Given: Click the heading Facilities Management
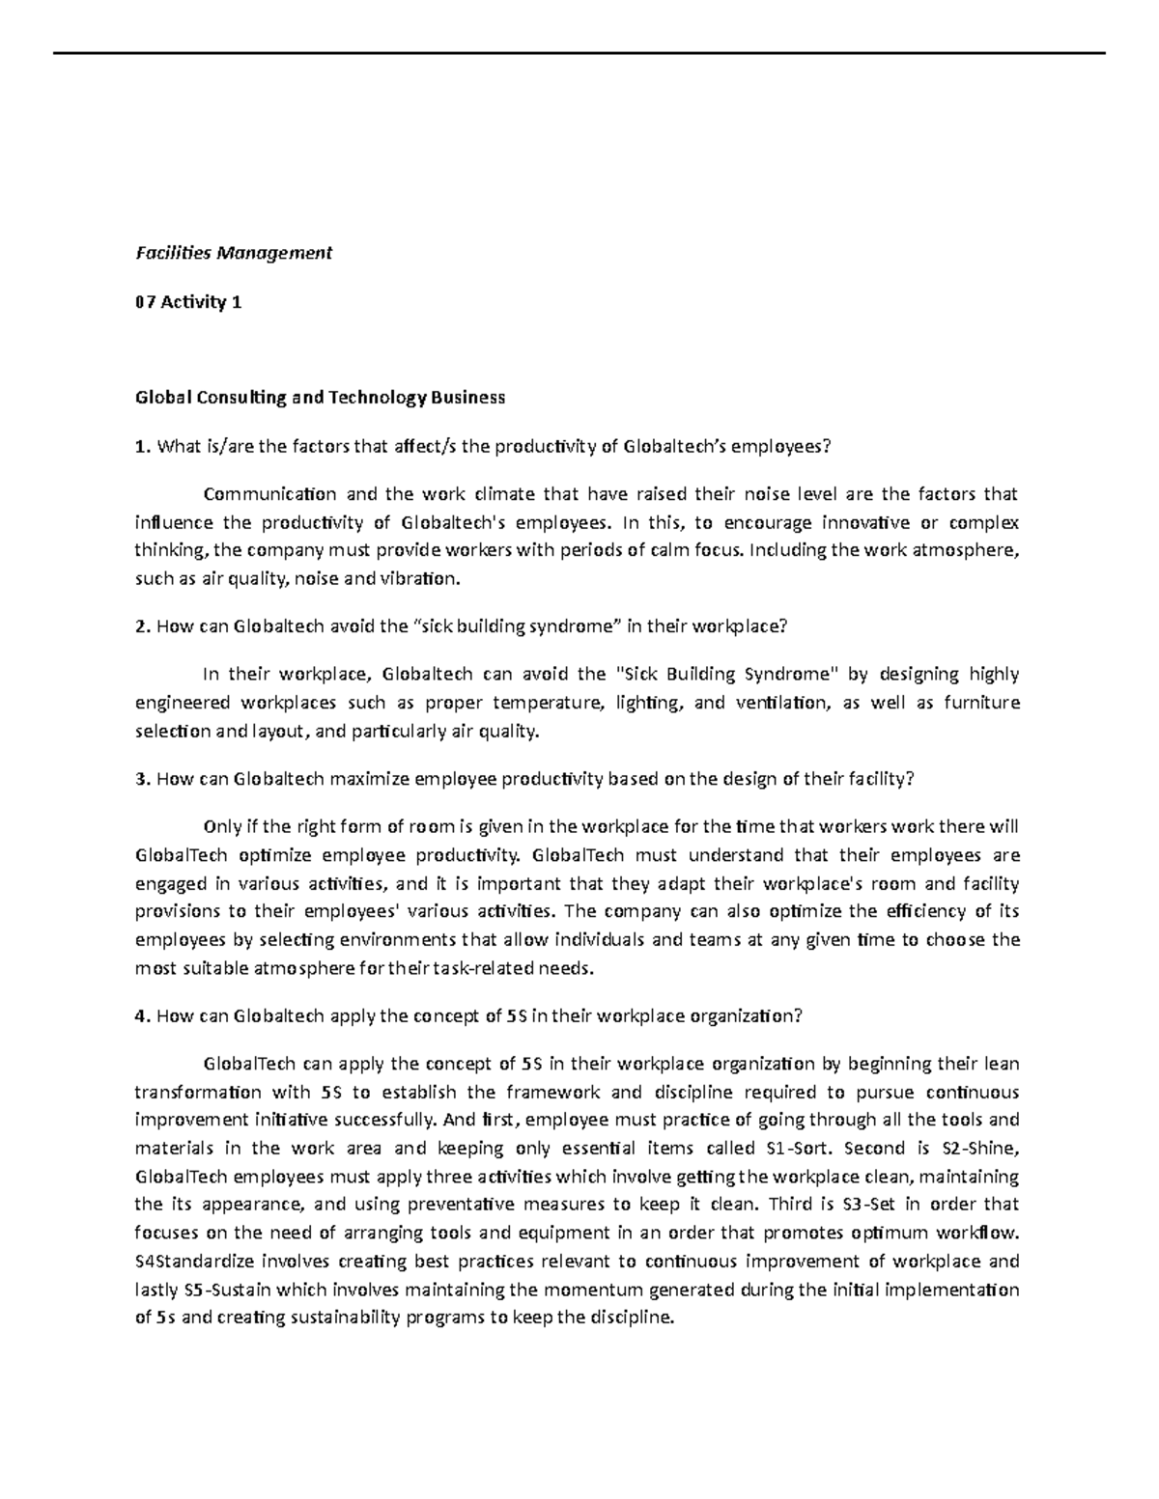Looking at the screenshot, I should point(233,253).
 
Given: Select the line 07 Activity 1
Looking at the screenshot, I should point(188,302).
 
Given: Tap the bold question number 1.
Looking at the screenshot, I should point(142,446).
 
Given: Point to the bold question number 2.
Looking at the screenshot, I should point(142,626).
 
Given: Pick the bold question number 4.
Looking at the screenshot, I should point(142,1015).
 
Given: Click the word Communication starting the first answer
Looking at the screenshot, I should point(269,495).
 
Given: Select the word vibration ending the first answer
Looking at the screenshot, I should point(424,579).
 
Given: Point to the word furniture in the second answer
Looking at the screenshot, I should point(981,703).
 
